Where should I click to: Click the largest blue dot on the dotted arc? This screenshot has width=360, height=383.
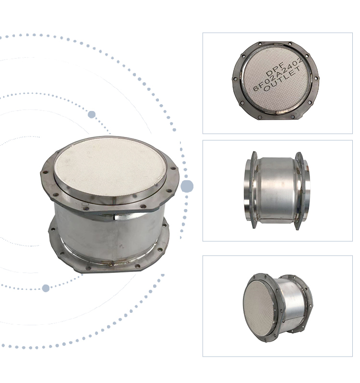[187, 186]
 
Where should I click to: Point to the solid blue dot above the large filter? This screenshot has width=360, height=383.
[92, 114]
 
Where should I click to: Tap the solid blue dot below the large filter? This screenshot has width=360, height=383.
[46, 288]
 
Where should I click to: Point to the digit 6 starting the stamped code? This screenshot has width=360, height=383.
[255, 90]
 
